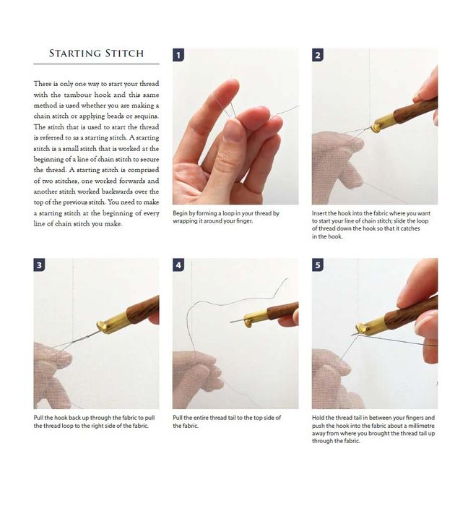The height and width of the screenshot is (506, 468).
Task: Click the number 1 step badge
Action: [x=178, y=55]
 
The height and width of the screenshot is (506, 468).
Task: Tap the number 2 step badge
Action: [x=318, y=55]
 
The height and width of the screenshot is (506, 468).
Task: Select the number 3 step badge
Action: [x=39, y=265]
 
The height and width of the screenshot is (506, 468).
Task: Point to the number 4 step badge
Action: [x=178, y=265]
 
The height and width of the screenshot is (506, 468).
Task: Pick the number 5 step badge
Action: [x=318, y=265]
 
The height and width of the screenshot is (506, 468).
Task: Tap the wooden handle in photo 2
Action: [x=416, y=110]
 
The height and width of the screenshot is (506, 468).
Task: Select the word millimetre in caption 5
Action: [x=420, y=426]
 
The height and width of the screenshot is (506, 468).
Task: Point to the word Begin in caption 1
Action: [x=180, y=214]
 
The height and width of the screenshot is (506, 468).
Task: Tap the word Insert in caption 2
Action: [x=319, y=213]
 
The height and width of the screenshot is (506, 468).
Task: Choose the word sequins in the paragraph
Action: [x=147, y=116]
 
